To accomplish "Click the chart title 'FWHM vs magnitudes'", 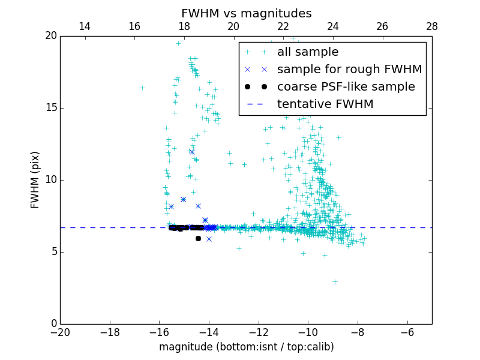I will pyautogui.click(x=246, y=13).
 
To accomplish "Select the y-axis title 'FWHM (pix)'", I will pyautogui.click(x=35, y=179).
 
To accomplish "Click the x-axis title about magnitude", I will pyautogui.click(x=246, y=347).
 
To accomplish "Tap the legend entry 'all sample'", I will pyautogui.click(x=307, y=52).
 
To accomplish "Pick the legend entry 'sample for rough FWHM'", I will pyautogui.click(x=349, y=70).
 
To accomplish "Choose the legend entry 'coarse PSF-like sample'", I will pyautogui.click(x=346, y=87).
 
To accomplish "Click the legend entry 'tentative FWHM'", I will pyautogui.click(x=325, y=104).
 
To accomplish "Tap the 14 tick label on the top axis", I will pyautogui.click(x=85, y=26).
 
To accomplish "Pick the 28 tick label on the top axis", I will pyautogui.click(x=431, y=26).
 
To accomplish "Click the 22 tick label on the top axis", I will pyautogui.click(x=283, y=26).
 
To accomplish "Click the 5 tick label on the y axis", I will pyautogui.click(x=52, y=252).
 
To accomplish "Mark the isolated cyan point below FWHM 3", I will pyautogui.click(x=335, y=281).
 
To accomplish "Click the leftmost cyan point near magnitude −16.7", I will pyautogui.click(x=142, y=88).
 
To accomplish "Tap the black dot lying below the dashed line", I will pyautogui.click(x=198, y=238).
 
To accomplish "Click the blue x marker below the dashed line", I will pyautogui.click(x=209, y=239).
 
